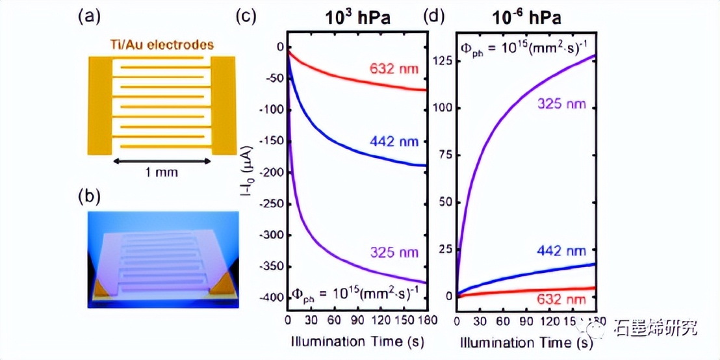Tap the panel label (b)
(89, 194)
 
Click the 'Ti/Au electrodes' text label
(161, 45)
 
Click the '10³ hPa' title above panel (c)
(357, 18)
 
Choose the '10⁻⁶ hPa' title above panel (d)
(526, 18)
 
